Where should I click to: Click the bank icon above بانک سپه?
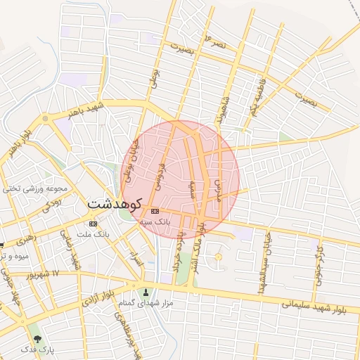point(155,211)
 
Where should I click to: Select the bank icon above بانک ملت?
point(94,224)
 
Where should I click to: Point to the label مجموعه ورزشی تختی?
point(35,188)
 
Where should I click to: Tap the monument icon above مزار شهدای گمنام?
point(146,292)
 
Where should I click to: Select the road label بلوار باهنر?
point(18,143)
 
